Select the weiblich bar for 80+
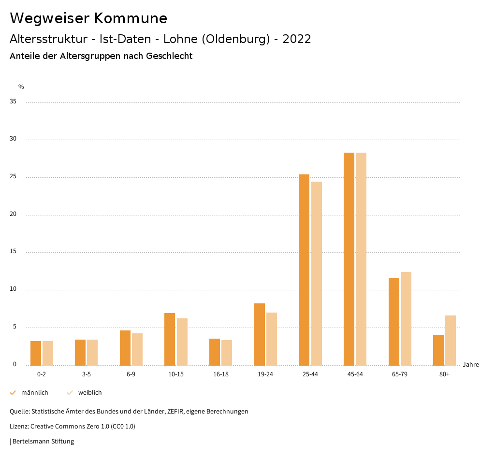tap(451, 340)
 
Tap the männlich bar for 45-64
tap(349, 259)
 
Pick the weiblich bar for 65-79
tap(406, 318)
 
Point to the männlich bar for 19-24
tap(260, 334)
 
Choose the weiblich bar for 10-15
tap(182, 342)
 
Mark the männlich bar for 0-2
tap(36, 353)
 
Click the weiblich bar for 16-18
tap(227, 353)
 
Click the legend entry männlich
tap(34, 393)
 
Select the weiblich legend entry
tap(90, 393)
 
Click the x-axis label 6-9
tap(131, 374)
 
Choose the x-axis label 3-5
tap(86, 374)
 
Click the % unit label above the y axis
tap(21, 87)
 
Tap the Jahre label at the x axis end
tap(471, 365)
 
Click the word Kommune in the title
tap(131, 18)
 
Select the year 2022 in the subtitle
tap(296, 39)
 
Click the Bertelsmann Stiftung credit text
tap(43, 442)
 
